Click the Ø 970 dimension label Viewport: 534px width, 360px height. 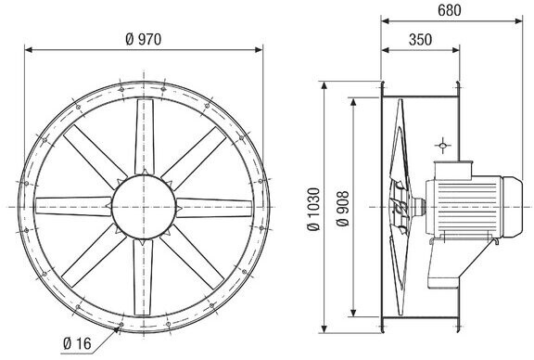144,40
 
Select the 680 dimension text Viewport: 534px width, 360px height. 450,10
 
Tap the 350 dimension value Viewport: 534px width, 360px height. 420,40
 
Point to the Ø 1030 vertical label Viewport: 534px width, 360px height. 314,209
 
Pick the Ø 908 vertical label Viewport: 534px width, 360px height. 343,209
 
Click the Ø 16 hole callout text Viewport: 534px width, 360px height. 78,343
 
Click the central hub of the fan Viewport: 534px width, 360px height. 144,207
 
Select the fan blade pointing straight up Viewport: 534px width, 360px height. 144,136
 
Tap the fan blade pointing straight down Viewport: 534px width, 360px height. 143,277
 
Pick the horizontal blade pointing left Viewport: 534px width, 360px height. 73,206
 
